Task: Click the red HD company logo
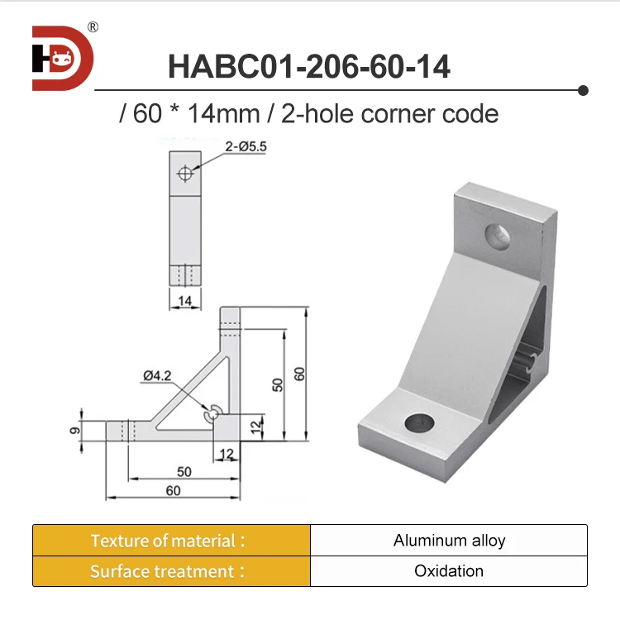[62, 58]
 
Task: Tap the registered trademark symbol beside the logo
[93, 27]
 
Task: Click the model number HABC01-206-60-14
[309, 66]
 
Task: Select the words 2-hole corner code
[390, 113]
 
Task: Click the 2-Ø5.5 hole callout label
[246, 148]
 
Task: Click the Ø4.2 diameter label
[156, 376]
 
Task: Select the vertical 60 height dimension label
[300, 374]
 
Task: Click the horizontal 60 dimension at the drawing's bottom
[173, 491]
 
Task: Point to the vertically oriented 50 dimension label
[278, 384]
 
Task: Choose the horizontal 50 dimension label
[184, 472]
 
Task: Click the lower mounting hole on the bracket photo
[420, 423]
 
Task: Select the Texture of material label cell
[171, 541]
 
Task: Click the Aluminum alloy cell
[449, 541]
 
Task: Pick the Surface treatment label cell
[171, 571]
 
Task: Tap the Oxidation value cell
[449, 571]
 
